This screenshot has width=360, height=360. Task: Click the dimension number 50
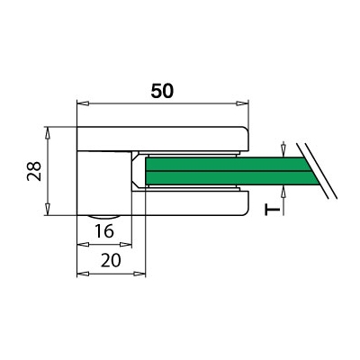coord(162,91)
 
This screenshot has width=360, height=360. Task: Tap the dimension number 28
coord(34,171)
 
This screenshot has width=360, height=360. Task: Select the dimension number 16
coord(104,231)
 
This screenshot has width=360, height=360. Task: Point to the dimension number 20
coord(111,260)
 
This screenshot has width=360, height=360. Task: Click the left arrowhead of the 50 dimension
coord(83,103)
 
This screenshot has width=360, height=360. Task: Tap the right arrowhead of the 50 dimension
coord(242,103)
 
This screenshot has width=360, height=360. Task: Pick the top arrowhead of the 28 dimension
coord(47,133)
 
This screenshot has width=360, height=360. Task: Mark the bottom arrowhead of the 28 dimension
coord(47,209)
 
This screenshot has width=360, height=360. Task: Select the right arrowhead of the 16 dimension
coord(126,245)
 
